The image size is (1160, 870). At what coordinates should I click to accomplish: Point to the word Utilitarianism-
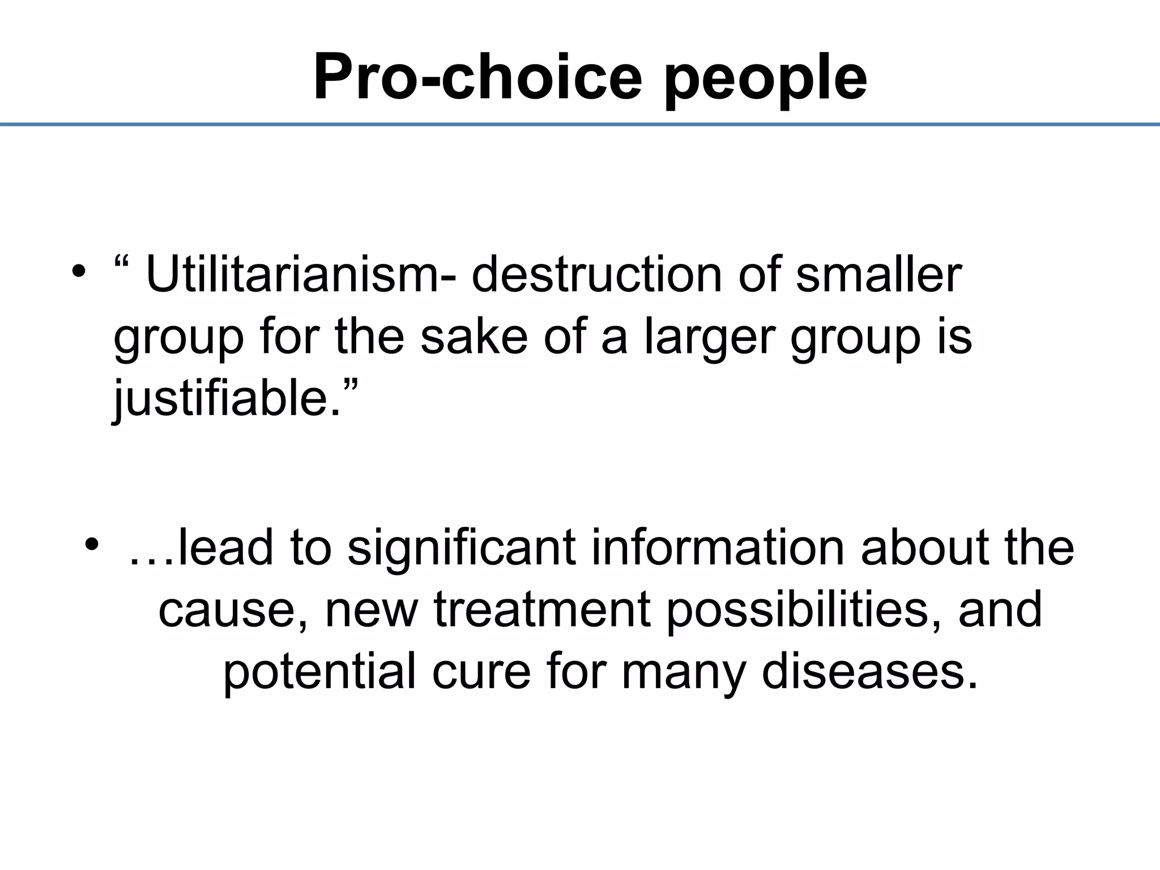[300, 275]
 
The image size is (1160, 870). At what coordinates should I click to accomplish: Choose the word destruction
[597, 275]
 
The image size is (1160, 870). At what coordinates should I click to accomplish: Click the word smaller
[878, 275]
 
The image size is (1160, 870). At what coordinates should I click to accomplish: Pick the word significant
[461, 548]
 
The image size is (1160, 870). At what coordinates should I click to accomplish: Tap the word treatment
[542, 609]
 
